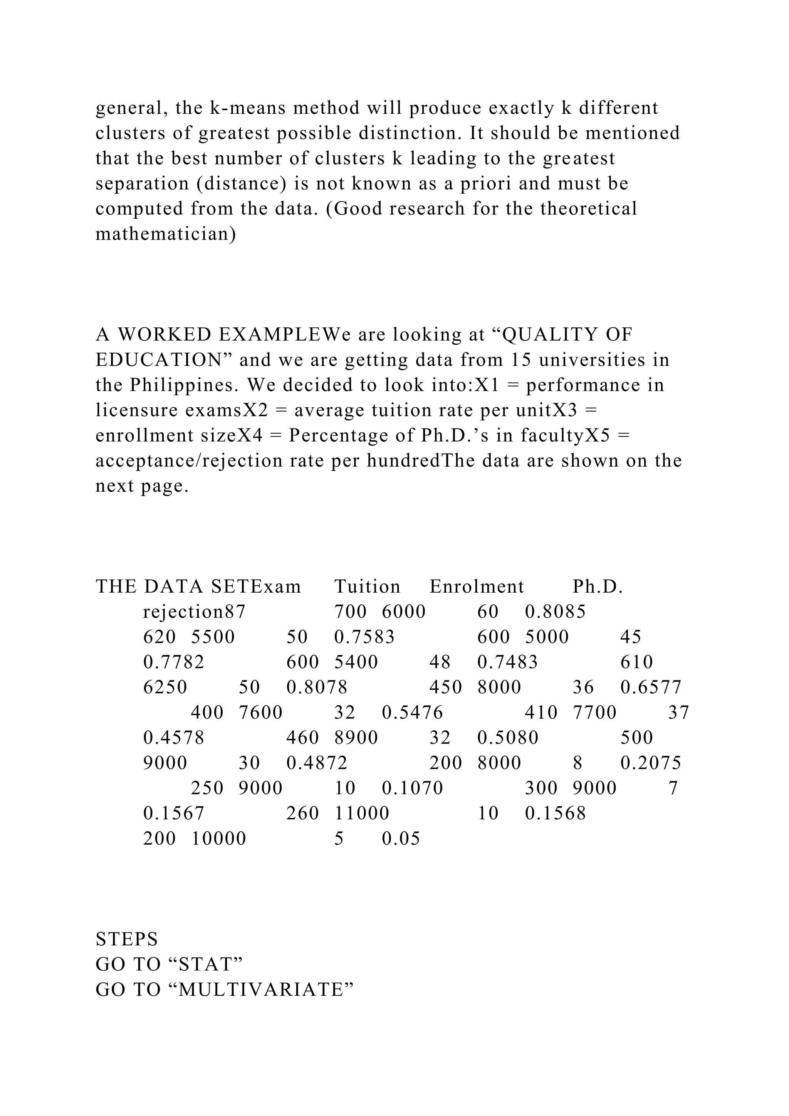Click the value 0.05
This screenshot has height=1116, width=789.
(x=401, y=839)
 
